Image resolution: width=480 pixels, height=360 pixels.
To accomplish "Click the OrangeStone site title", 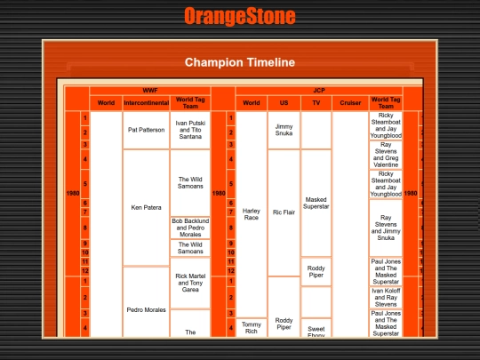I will [x=240, y=16].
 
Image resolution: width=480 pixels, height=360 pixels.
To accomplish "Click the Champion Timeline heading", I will [x=240, y=62].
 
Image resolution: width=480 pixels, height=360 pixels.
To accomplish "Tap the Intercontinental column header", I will [x=146, y=102].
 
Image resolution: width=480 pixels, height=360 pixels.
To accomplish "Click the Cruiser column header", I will [x=349, y=102].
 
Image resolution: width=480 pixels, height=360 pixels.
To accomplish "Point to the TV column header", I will [x=316, y=102].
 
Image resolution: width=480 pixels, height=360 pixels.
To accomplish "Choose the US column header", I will [x=284, y=102].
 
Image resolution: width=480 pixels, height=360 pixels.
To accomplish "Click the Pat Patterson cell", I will [x=146, y=130].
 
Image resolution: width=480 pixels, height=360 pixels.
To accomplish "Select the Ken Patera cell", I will [x=146, y=208].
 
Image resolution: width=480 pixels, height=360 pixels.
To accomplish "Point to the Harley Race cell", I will [x=252, y=213].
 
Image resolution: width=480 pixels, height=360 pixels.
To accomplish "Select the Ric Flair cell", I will [x=284, y=213].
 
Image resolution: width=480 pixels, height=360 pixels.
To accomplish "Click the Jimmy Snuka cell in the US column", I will [x=284, y=130].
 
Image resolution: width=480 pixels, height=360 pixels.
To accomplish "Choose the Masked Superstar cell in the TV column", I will [x=316, y=203].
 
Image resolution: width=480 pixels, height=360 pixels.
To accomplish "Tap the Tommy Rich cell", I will [x=252, y=327].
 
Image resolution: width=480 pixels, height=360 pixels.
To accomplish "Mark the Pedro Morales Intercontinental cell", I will [x=146, y=309].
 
